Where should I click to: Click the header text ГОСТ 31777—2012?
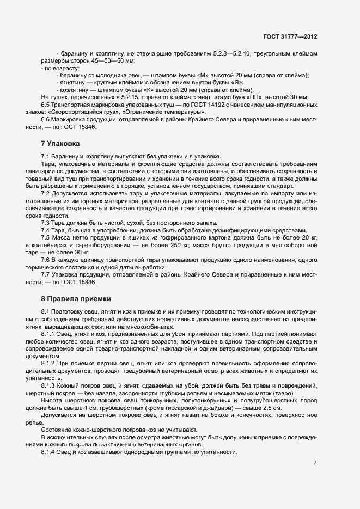coord(289,36)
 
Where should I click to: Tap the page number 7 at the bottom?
coord(315,463)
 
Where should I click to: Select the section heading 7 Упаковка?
coord(60,144)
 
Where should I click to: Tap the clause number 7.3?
coord(46,223)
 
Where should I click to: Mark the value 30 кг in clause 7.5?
coord(80,252)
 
